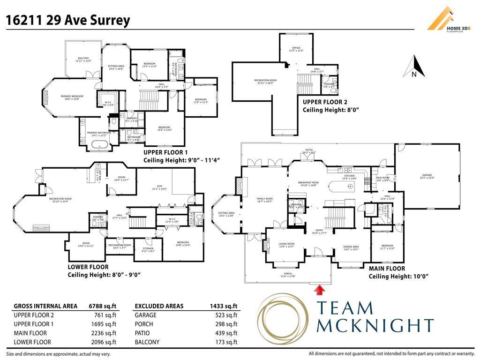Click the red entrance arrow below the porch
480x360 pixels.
[320, 291]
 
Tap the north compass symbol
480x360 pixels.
[414, 67]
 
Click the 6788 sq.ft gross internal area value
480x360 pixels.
[103, 306]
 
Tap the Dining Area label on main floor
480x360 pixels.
[351, 247]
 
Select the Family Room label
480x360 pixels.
[264, 200]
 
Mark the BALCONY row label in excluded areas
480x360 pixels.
[147, 342]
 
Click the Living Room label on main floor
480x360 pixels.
[286, 245]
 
